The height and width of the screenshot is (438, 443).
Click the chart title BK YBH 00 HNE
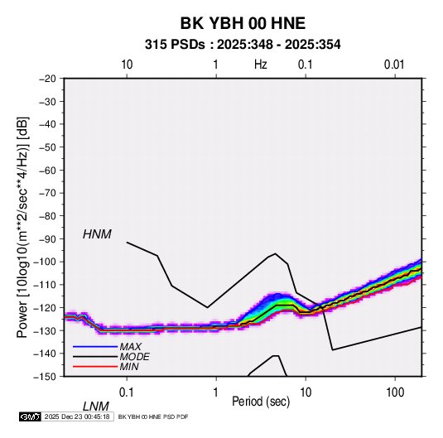point(243,23)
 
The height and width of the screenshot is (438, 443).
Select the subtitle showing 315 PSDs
point(243,45)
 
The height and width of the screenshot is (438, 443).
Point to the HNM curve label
point(97,234)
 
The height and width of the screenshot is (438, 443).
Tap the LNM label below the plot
point(96,407)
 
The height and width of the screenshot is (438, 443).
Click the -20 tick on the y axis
point(47,79)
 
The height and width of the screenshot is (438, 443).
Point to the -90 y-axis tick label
point(47,238)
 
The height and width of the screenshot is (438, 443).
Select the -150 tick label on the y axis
point(45,377)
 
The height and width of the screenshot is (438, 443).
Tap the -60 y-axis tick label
point(47,170)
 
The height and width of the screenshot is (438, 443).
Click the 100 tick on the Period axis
point(394,392)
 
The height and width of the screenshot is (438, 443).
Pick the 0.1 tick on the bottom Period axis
point(127,392)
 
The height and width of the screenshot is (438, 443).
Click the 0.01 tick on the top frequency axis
point(394,65)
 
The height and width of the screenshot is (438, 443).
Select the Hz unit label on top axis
point(261,65)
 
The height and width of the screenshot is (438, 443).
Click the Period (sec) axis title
point(261,402)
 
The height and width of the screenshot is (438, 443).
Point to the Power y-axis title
point(22,228)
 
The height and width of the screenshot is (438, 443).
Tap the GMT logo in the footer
point(30,416)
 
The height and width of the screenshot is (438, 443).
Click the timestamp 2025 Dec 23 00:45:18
point(77,416)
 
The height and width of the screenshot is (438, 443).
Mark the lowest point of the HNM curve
point(333,350)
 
